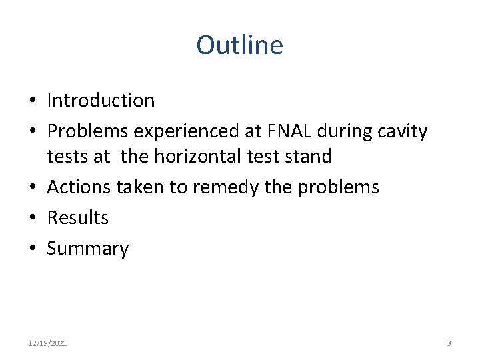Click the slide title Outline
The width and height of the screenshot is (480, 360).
click(x=239, y=45)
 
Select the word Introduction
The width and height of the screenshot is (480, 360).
click(x=101, y=101)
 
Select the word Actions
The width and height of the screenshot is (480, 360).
click(x=79, y=187)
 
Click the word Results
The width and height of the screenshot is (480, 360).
click(x=77, y=218)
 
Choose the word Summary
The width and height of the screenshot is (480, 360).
click(x=87, y=249)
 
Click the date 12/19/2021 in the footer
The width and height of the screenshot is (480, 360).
click(x=47, y=343)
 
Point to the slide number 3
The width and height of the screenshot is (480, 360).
click(x=449, y=343)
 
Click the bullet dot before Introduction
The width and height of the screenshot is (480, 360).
click(x=32, y=101)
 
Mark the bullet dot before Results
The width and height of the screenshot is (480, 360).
click(x=32, y=219)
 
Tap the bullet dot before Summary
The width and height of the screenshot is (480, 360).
click(x=32, y=249)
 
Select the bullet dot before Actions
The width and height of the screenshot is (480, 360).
click(x=32, y=188)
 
